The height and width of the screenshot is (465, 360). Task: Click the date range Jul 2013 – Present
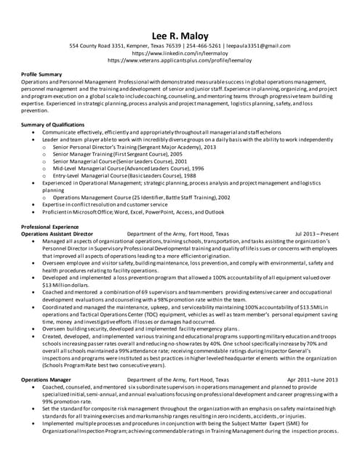point(316,234)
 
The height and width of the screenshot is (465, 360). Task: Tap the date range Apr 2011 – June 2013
point(313,379)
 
